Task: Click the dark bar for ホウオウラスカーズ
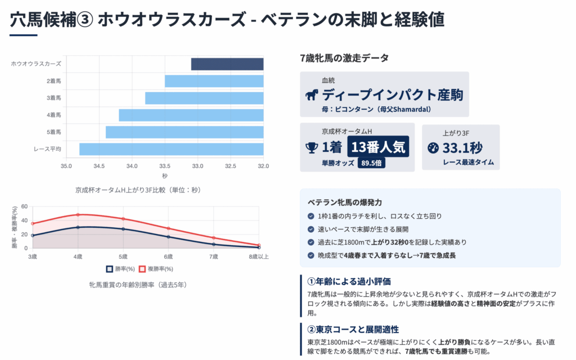coord(227,64)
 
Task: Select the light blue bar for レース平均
coord(172,149)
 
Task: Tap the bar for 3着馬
coord(204,98)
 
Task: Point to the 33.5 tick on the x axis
coord(165,166)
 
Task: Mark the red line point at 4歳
coord(78,214)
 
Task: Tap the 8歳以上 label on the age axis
coord(259,256)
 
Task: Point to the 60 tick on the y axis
coord(24,206)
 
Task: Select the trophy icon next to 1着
coord(312,148)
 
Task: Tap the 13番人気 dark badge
coord(378,147)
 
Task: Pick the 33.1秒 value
coord(463,148)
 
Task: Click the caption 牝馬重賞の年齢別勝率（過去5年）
coord(139,285)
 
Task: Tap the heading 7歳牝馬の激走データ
coord(344,57)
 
